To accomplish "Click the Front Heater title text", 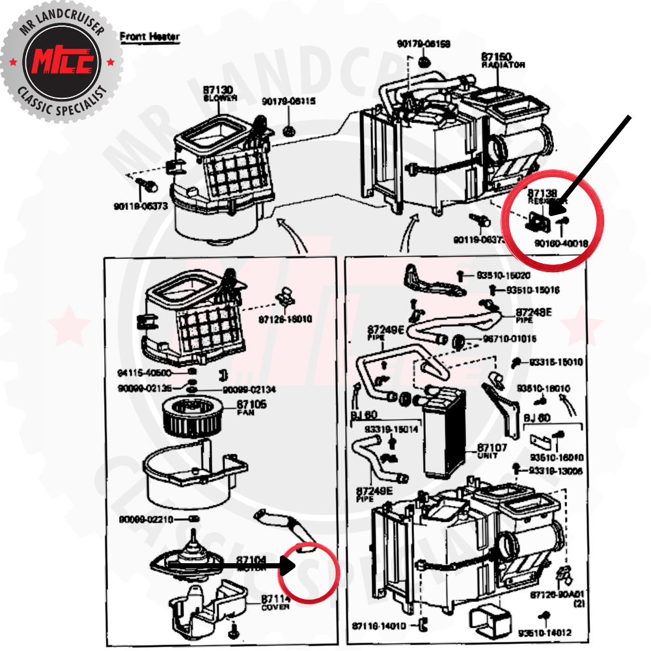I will click(x=150, y=36).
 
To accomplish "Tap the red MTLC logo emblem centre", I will click(x=62, y=62).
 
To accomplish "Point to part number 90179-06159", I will click(x=423, y=44).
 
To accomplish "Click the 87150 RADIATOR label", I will click(x=503, y=59).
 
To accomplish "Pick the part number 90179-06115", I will click(x=289, y=102).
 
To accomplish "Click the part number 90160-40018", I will click(x=561, y=243).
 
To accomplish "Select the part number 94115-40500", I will click(x=144, y=374).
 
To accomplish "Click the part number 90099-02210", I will click(x=144, y=519).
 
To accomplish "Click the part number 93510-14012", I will click(x=545, y=631).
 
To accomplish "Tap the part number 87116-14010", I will click(x=379, y=626).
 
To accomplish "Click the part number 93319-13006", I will click(x=555, y=471).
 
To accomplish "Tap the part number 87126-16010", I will click(x=285, y=320).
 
